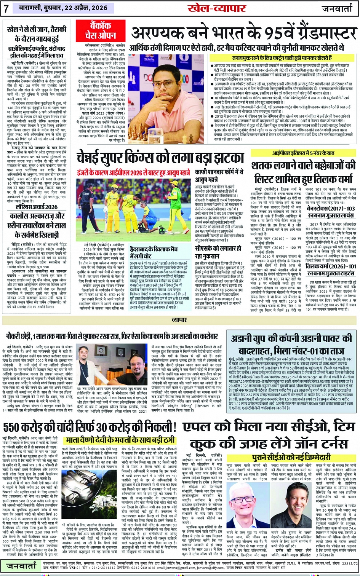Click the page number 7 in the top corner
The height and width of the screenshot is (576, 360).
pos(6,8)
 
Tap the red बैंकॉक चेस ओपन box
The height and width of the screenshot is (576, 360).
pos(95,30)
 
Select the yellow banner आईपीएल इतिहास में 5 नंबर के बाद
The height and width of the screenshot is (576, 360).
pos(303,153)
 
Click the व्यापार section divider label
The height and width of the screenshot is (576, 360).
pos(179,321)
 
